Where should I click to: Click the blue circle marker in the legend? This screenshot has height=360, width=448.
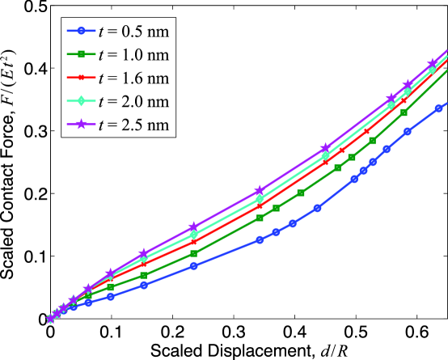pyautogui.click(x=81, y=31)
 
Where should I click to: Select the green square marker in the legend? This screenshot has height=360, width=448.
pyautogui.click(x=81, y=54)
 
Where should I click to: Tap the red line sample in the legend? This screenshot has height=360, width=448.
pyautogui.click(x=81, y=78)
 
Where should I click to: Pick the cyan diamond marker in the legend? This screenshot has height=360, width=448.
pyautogui.click(x=81, y=101)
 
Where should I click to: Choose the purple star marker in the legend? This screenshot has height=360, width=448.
pyautogui.click(x=81, y=125)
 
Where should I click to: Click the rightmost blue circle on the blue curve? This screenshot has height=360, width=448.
pyautogui.click(x=439, y=108)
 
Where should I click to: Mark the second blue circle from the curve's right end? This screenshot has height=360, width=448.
pyautogui.click(x=408, y=131)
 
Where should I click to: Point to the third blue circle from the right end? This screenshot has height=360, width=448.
pyautogui.click(x=387, y=149)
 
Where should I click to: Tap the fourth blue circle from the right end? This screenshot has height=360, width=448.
pyautogui.click(x=373, y=162)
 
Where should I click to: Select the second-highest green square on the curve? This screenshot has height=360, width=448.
pyautogui.click(x=404, y=112)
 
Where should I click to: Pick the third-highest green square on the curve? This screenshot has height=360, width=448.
pyautogui.click(x=372, y=141)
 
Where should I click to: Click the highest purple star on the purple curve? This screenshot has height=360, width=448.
pyautogui.click(x=433, y=63)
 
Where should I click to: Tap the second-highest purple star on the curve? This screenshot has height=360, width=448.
pyautogui.click(x=408, y=85)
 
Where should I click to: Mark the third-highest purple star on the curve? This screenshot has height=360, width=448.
pyautogui.click(x=391, y=98)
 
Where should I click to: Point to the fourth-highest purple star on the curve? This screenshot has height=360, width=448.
pyautogui.click(x=325, y=148)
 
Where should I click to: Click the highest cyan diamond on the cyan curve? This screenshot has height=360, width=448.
pyautogui.click(x=432, y=70)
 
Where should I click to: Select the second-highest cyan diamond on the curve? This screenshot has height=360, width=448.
pyautogui.click(x=407, y=91)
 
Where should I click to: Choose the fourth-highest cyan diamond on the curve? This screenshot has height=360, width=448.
pyautogui.click(x=325, y=155)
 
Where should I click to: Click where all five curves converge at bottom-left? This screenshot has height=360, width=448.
pyautogui.click(x=50, y=319)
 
